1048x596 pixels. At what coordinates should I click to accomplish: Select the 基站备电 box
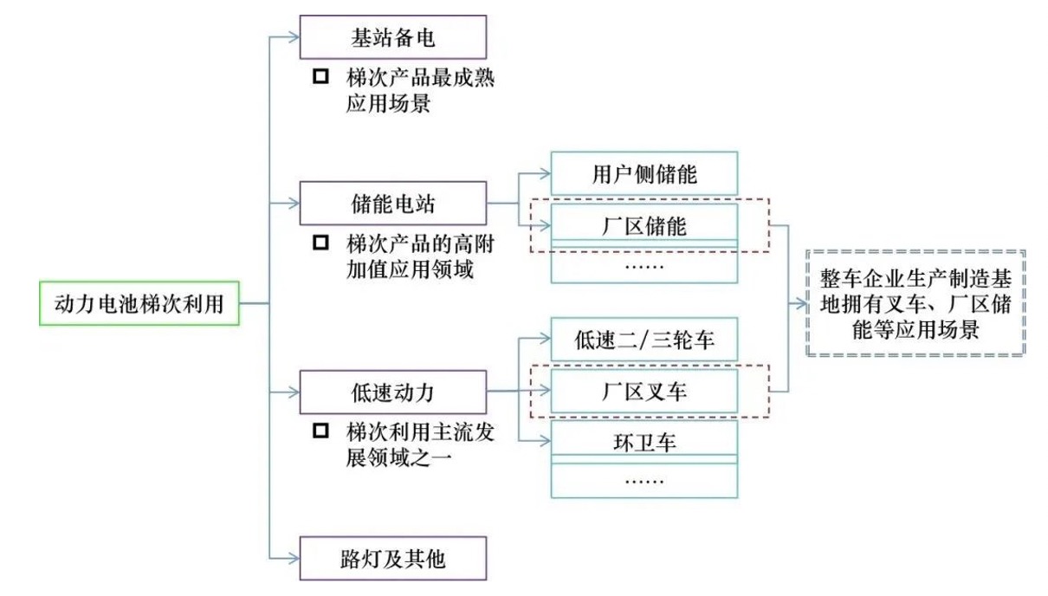(x=393, y=37)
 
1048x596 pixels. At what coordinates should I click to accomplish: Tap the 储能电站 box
(x=393, y=204)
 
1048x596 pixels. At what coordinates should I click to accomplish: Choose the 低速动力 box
(x=393, y=392)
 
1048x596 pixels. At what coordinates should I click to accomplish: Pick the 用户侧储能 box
(x=644, y=173)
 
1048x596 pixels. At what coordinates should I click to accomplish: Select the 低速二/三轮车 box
(x=644, y=339)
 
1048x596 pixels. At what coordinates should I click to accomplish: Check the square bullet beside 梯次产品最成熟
(x=320, y=77)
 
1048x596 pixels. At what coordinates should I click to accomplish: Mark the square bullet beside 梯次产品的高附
(x=320, y=243)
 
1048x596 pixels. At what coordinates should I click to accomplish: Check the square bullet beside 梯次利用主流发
(x=320, y=431)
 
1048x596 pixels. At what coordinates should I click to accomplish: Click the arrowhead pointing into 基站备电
(x=294, y=36)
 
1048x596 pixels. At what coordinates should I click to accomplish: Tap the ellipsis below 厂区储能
(x=644, y=264)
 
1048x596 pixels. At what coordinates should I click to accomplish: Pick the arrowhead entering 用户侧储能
(x=546, y=173)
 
